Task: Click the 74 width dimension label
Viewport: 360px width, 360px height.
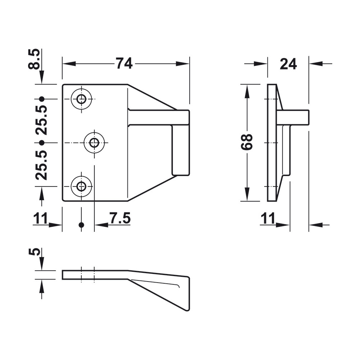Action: [x=124, y=64]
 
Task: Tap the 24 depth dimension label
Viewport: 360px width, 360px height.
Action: [x=288, y=64]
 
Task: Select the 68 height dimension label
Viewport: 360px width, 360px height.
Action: [x=247, y=142]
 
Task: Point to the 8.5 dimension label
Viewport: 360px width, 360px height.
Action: [x=34, y=59]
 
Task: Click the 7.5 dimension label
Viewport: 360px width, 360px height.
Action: [x=120, y=218]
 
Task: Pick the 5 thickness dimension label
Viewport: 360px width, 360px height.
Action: [x=34, y=252]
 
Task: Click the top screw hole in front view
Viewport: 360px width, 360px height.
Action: [x=81, y=99]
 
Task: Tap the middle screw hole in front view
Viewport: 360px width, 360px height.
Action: [x=94, y=143]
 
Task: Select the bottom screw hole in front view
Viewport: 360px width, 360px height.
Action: [x=81, y=186]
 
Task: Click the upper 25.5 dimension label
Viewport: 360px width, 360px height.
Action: [x=41, y=120]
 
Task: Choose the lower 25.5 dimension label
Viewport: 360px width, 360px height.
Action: [x=41, y=165]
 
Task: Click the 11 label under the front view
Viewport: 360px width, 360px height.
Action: [x=40, y=218]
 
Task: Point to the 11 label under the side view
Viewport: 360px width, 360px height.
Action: [x=268, y=218]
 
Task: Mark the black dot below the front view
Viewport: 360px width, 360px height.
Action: [x=81, y=225]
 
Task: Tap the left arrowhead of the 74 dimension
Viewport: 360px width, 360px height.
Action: [x=69, y=64]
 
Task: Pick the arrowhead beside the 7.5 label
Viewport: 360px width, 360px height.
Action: [x=101, y=225]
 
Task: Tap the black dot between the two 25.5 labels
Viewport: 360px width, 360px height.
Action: [x=41, y=143]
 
